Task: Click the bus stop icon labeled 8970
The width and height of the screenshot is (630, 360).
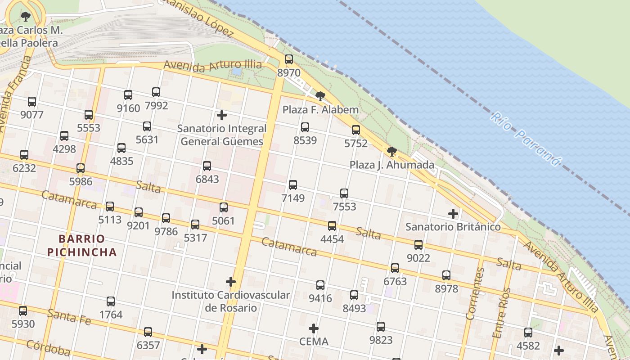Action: click(289, 59)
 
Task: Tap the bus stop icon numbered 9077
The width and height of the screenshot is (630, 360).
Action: click(32, 102)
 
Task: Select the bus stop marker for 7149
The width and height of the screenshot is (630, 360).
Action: click(293, 185)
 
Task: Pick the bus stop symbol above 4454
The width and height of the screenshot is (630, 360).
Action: click(332, 226)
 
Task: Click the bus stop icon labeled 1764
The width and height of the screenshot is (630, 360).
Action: click(111, 301)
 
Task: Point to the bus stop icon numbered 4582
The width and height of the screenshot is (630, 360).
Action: click(528, 333)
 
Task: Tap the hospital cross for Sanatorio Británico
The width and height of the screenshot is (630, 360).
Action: click(453, 214)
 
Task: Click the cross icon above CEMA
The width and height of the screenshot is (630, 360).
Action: click(314, 328)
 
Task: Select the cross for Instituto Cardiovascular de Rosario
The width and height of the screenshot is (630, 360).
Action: click(231, 282)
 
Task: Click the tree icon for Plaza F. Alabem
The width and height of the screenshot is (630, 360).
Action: click(320, 96)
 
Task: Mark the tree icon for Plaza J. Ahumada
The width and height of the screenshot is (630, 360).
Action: click(392, 152)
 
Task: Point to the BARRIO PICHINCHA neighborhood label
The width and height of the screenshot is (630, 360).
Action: click(82, 245)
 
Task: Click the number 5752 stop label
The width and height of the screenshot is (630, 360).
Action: click(356, 144)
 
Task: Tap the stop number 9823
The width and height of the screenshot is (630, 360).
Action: click(381, 340)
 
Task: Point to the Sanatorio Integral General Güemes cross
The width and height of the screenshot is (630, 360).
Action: click(221, 115)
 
